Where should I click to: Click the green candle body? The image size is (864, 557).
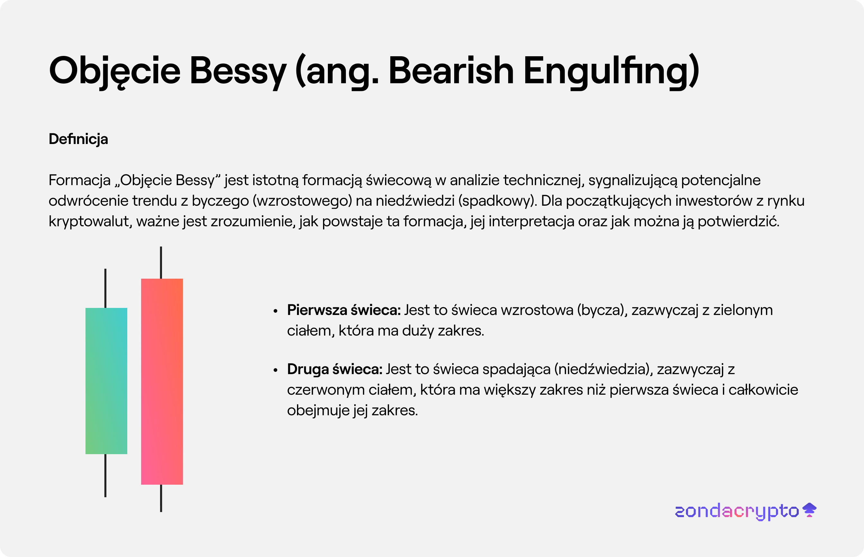[x=106, y=381]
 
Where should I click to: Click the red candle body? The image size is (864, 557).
[x=162, y=381]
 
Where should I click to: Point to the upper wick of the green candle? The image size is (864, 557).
[x=105, y=288]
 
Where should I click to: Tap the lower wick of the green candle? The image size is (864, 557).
[x=105, y=476]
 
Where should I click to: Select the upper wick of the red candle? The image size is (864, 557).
[x=161, y=263]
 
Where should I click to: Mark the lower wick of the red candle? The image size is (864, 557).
[x=161, y=498]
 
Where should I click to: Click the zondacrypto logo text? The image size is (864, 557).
[x=737, y=511]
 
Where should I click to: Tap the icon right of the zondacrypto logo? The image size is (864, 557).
[x=809, y=510]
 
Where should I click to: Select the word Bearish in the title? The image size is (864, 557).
[x=451, y=70]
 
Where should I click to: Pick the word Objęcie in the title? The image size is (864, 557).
[x=115, y=72]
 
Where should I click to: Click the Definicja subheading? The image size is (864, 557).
[x=78, y=139]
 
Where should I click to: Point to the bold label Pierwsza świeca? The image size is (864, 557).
[x=344, y=310]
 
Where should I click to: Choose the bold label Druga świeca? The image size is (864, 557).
[x=335, y=369]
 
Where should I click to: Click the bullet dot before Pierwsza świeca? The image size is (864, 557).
[x=275, y=311]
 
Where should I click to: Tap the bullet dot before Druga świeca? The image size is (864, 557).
[x=275, y=370]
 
